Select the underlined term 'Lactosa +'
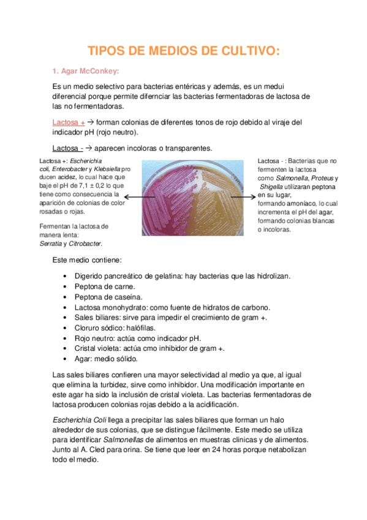point(69,122)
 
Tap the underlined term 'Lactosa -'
point(67,148)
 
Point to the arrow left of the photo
point(133,197)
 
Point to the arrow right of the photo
point(252,196)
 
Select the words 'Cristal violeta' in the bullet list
point(99,348)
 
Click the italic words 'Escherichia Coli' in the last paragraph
point(79,419)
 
